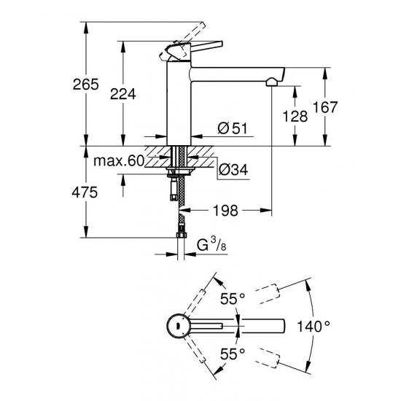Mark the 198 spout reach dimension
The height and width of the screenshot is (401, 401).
(226, 211)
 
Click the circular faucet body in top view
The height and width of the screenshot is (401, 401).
(176, 326)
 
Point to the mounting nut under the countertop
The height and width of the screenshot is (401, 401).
(177, 173)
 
